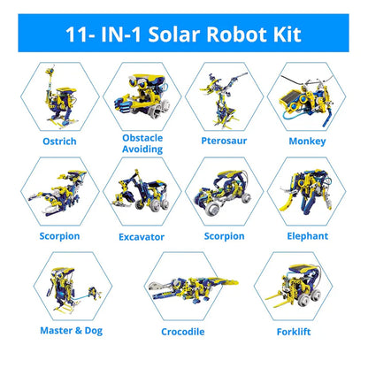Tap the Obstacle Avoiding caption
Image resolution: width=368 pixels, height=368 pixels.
coord(142,143)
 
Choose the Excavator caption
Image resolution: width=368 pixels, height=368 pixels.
coord(142,236)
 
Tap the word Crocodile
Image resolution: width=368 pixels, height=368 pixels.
coord(184,332)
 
